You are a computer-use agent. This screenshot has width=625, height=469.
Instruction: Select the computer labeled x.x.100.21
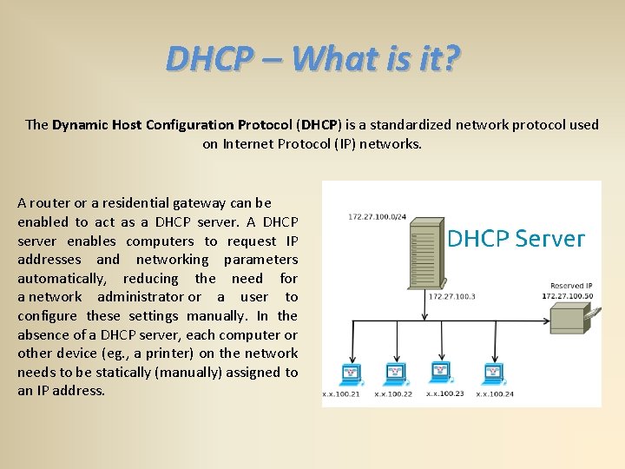click(352, 374)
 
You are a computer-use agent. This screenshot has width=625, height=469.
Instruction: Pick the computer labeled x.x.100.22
click(396, 374)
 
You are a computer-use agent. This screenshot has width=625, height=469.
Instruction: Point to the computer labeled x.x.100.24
click(492, 374)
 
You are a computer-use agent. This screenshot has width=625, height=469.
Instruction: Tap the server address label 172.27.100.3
click(452, 296)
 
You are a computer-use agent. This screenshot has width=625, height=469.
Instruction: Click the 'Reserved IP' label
click(571, 286)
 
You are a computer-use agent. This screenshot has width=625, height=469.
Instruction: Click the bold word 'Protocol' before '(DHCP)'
click(264, 124)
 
